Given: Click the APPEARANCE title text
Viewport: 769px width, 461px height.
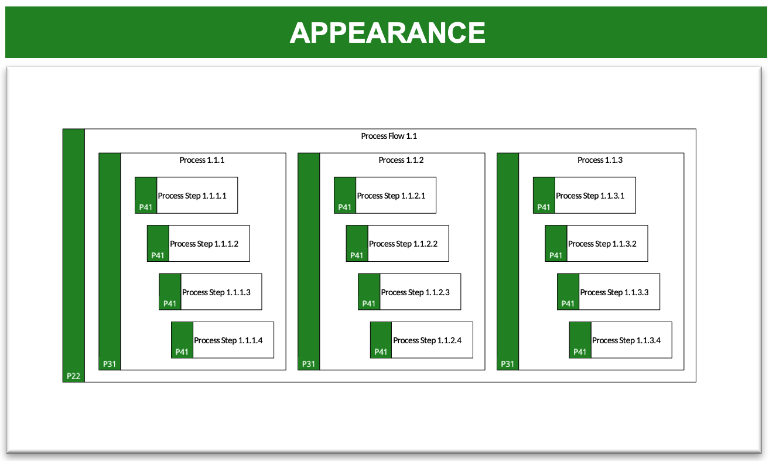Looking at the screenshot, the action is (387, 33).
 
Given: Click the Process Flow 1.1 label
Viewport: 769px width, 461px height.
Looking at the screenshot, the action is (389, 136).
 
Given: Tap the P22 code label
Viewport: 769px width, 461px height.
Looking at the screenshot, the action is (73, 376).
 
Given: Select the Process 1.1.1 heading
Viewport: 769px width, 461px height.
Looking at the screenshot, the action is (202, 160).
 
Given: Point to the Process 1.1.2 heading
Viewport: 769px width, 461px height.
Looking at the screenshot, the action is (401, 160).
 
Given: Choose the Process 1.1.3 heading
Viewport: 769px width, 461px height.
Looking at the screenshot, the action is (600, 160).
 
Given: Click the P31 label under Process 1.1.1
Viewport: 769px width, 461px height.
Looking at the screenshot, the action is (110, 364).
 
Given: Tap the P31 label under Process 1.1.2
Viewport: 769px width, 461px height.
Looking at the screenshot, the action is (309, 364).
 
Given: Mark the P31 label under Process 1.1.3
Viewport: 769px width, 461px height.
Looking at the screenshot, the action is (507, 364).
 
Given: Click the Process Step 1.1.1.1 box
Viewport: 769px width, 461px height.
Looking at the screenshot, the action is (186, 195).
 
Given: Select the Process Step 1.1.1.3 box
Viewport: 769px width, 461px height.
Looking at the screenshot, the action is (210, 292).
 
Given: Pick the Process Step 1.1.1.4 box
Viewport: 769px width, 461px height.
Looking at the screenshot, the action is (223, 340).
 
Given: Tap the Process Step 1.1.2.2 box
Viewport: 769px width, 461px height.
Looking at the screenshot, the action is (397, 243).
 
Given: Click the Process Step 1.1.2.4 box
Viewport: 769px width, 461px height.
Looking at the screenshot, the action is (422, 340).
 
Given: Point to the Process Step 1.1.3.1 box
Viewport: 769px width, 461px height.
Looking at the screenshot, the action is (585, 195).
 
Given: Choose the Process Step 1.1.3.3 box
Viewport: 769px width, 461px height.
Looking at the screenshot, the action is (609, 292).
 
